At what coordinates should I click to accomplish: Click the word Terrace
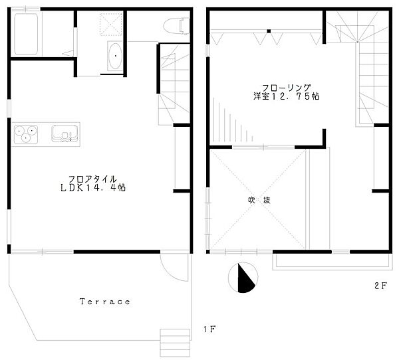(x=105, y=302)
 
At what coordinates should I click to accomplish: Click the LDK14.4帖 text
(x=98, y=188)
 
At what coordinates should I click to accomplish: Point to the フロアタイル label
(x=93, y=179)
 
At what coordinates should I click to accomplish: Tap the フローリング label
(x=287, y=86)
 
